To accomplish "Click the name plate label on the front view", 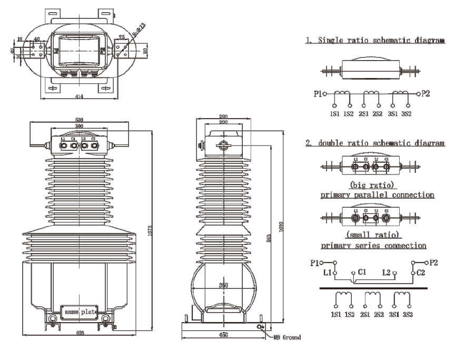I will click(x=80, y=312).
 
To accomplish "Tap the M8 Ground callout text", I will click(x=284, y=337).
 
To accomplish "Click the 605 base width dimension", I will click(x=80, y=333).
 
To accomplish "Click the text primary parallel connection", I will click(x=377, y=195).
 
